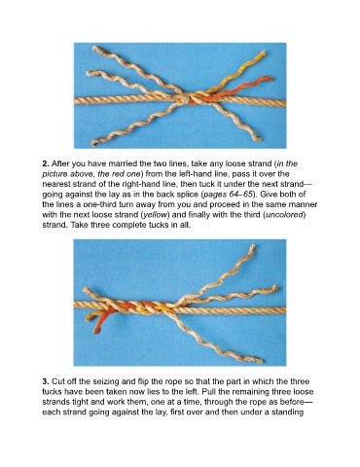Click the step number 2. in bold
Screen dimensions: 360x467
pos(46,163)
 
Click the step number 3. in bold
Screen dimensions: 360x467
pos(46,381)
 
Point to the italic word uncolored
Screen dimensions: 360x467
pos(285,215)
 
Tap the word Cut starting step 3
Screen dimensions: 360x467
pos(57,381)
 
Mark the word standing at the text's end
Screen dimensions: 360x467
pos(289,413)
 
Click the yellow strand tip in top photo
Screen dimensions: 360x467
pos(263,54)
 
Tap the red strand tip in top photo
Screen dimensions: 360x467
pos(270,79)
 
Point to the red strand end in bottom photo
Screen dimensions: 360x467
pos(96,331)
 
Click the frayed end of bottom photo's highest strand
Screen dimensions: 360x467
pos(252,247)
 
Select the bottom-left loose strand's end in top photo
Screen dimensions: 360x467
pos(94,142)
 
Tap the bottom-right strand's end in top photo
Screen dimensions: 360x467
pos(259,139)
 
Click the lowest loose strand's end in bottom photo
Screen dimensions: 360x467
pos(260,360)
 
